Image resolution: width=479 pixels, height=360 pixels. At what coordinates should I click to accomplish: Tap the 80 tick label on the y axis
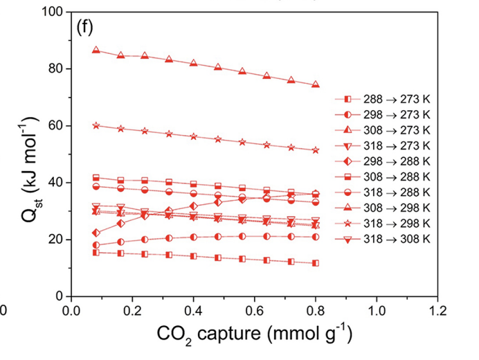53,69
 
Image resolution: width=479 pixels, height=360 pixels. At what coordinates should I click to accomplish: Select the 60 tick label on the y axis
53,126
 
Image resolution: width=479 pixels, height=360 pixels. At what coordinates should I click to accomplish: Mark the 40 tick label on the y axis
53,183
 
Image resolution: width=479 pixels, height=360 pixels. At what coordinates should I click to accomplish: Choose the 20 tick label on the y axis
53,240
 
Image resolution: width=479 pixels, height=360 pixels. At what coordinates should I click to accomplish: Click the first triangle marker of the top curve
96,50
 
